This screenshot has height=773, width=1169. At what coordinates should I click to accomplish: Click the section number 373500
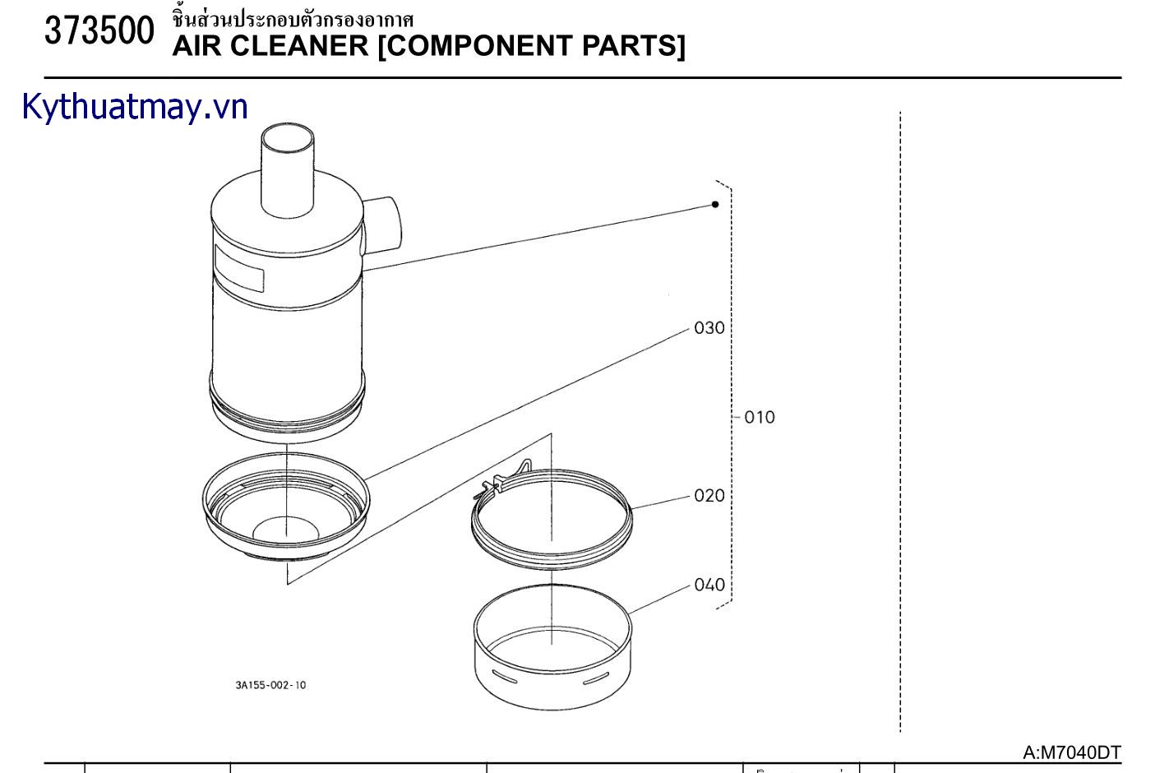click(x=99, y=32)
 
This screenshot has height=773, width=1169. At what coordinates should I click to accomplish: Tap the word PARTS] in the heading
click(x=634, y=46)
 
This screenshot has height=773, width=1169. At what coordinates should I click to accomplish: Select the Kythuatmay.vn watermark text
click(x=135, y=107)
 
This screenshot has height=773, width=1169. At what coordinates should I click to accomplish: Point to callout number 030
click(x=709, y=328)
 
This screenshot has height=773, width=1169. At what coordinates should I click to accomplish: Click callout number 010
click(x=760, y=418)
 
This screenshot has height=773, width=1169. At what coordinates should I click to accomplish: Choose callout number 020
click(x=709, y=495)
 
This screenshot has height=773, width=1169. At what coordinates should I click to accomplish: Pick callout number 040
click(x=709, y=585)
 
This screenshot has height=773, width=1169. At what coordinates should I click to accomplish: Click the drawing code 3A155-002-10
click(x=270, y=685)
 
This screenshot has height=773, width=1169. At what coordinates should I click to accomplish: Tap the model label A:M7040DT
click(x=1071, y=752)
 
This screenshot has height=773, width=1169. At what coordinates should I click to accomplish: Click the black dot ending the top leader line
click(x=715, y=204)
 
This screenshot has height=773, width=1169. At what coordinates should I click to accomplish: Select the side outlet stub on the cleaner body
click(x=381, y=225)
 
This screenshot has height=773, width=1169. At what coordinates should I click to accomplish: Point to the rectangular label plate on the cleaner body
click(x=238, y=268)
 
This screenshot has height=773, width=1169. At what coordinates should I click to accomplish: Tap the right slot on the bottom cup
click(x=597, y=679)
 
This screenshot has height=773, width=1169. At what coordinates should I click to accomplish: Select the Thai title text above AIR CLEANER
click(x=293, y=19)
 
